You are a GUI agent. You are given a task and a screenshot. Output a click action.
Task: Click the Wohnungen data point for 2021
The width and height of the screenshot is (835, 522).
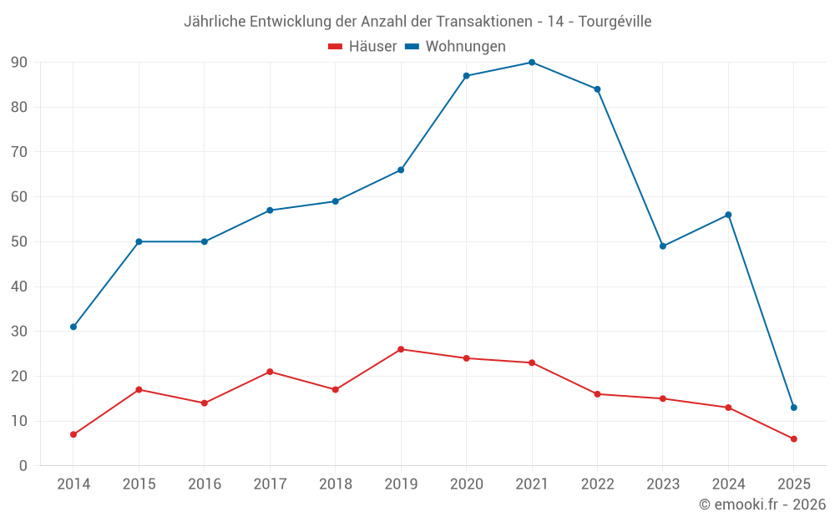tap(532, 63)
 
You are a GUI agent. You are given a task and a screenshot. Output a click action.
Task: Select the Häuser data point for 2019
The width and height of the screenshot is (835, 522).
tap(401, 349)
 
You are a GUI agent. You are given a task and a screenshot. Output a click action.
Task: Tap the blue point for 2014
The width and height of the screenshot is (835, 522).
tap(73, 327)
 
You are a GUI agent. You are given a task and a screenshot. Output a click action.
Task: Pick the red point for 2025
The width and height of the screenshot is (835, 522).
tap(794, 438)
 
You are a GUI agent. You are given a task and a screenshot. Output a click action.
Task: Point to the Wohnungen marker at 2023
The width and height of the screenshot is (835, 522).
tap(663, 246)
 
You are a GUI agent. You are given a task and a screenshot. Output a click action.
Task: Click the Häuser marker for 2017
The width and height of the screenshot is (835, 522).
tap(270, 372)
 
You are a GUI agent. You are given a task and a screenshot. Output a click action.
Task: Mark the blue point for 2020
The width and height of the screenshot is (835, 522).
tap(467, 76)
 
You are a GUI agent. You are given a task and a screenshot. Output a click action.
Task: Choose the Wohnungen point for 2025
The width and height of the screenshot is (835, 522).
tap(794, 408)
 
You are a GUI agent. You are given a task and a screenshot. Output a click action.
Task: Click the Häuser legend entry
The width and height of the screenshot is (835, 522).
tap(362, 47)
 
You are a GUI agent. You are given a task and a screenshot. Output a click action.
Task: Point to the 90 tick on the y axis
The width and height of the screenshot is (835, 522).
tap(19, 63)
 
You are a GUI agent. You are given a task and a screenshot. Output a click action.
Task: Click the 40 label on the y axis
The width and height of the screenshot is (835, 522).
tap(19, 286)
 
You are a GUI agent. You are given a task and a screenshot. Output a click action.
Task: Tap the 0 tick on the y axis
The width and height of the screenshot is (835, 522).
tap(23, 466)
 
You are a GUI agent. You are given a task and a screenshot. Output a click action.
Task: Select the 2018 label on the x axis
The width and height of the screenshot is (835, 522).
tap(335, 484)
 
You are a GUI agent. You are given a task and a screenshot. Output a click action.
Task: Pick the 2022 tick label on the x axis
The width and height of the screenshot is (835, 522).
tap(597, 484)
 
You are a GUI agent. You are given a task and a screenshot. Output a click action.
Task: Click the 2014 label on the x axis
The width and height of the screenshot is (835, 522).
tap(73, 484)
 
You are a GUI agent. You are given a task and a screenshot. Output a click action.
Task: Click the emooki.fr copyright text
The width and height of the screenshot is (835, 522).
tap(762, 504)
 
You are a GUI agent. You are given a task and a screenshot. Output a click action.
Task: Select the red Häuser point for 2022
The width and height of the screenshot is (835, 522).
tap(597, 394)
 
